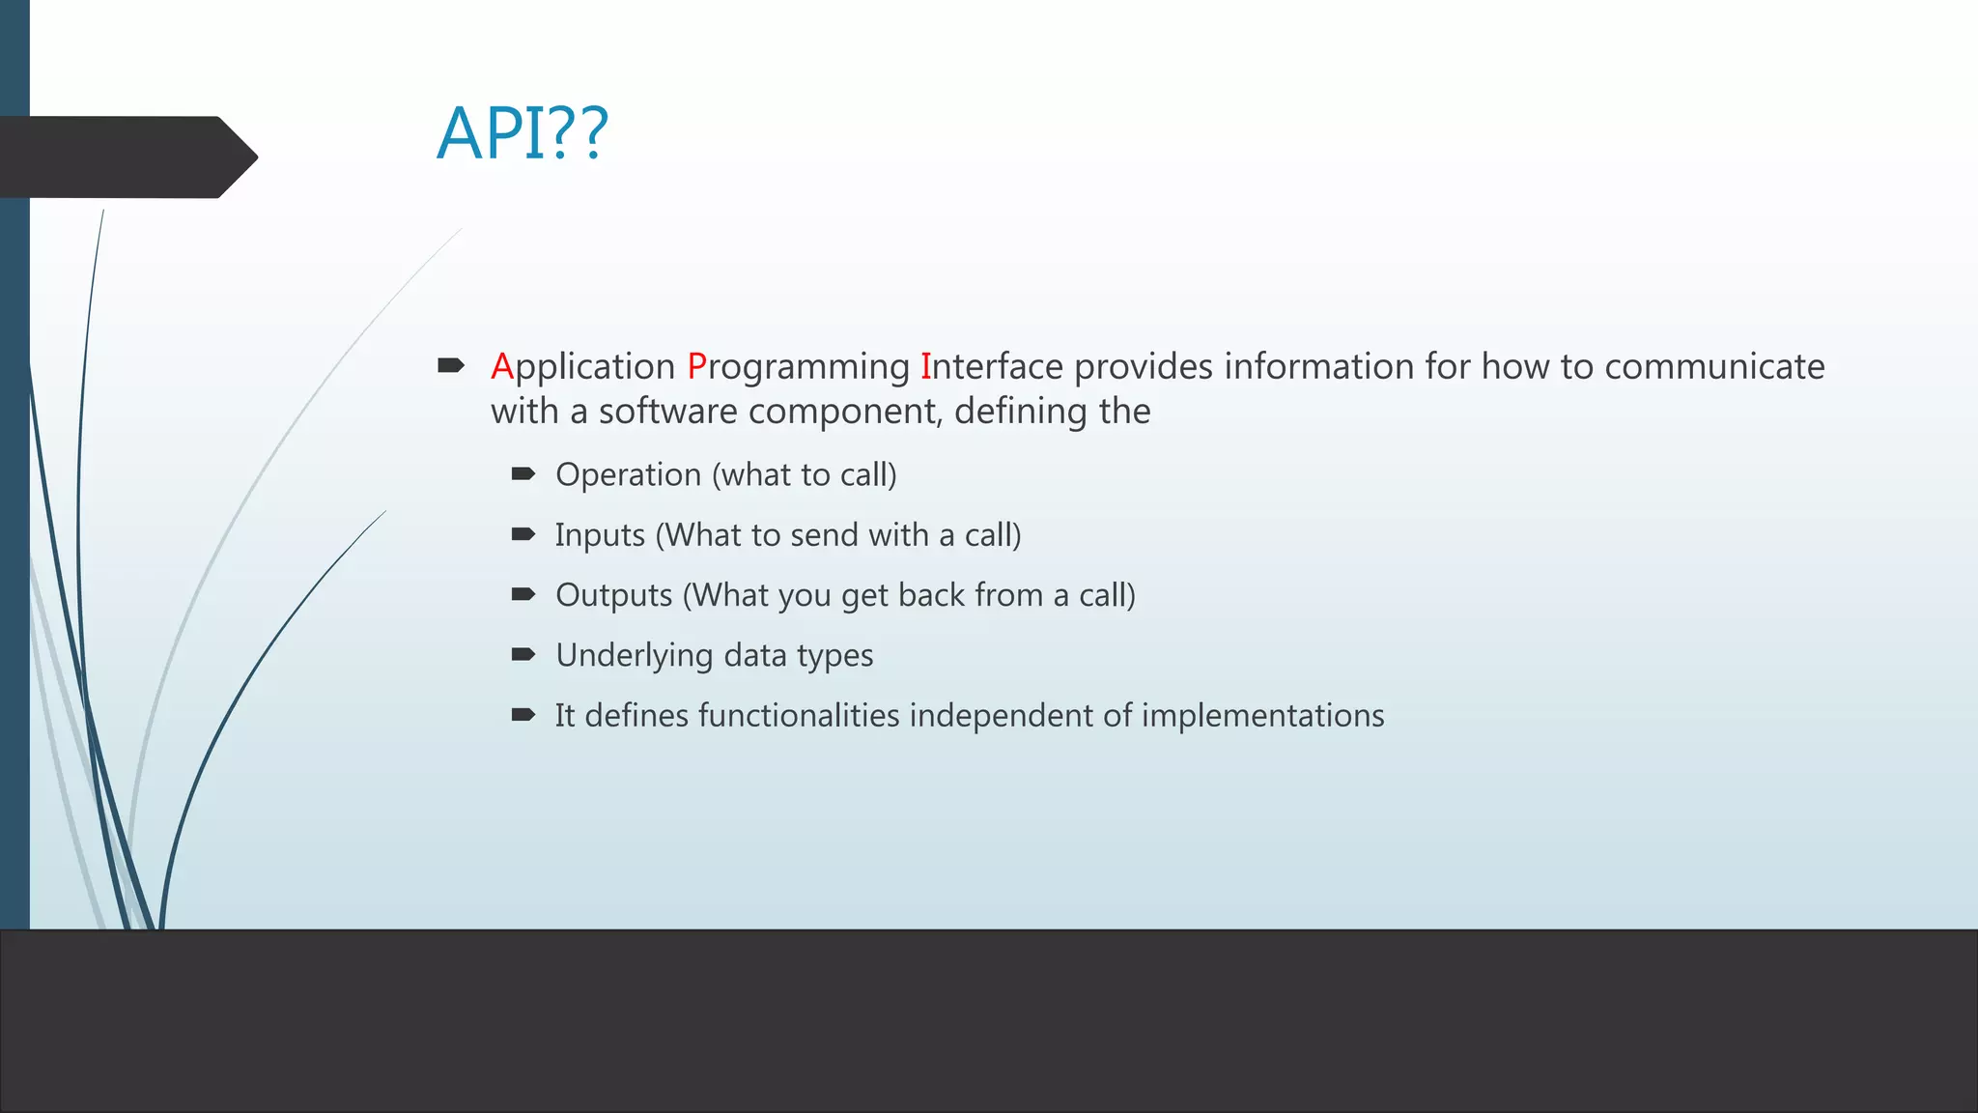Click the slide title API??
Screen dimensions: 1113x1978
point(523,133)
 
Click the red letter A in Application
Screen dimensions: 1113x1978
point(501,367)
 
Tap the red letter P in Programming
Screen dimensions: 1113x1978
point(696,367)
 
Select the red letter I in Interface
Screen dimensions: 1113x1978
point(925,367)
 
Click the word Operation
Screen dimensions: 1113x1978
point(628,475)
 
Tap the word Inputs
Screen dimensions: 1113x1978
point(599,536)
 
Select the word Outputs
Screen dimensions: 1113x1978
point(613,596)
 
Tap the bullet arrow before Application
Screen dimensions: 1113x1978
point(451,365)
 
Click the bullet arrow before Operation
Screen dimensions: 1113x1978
point(523,473)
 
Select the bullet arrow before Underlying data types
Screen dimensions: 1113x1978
point(523,654)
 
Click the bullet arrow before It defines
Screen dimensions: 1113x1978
point(523,715)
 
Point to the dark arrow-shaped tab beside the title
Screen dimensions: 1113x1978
point(126,157)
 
